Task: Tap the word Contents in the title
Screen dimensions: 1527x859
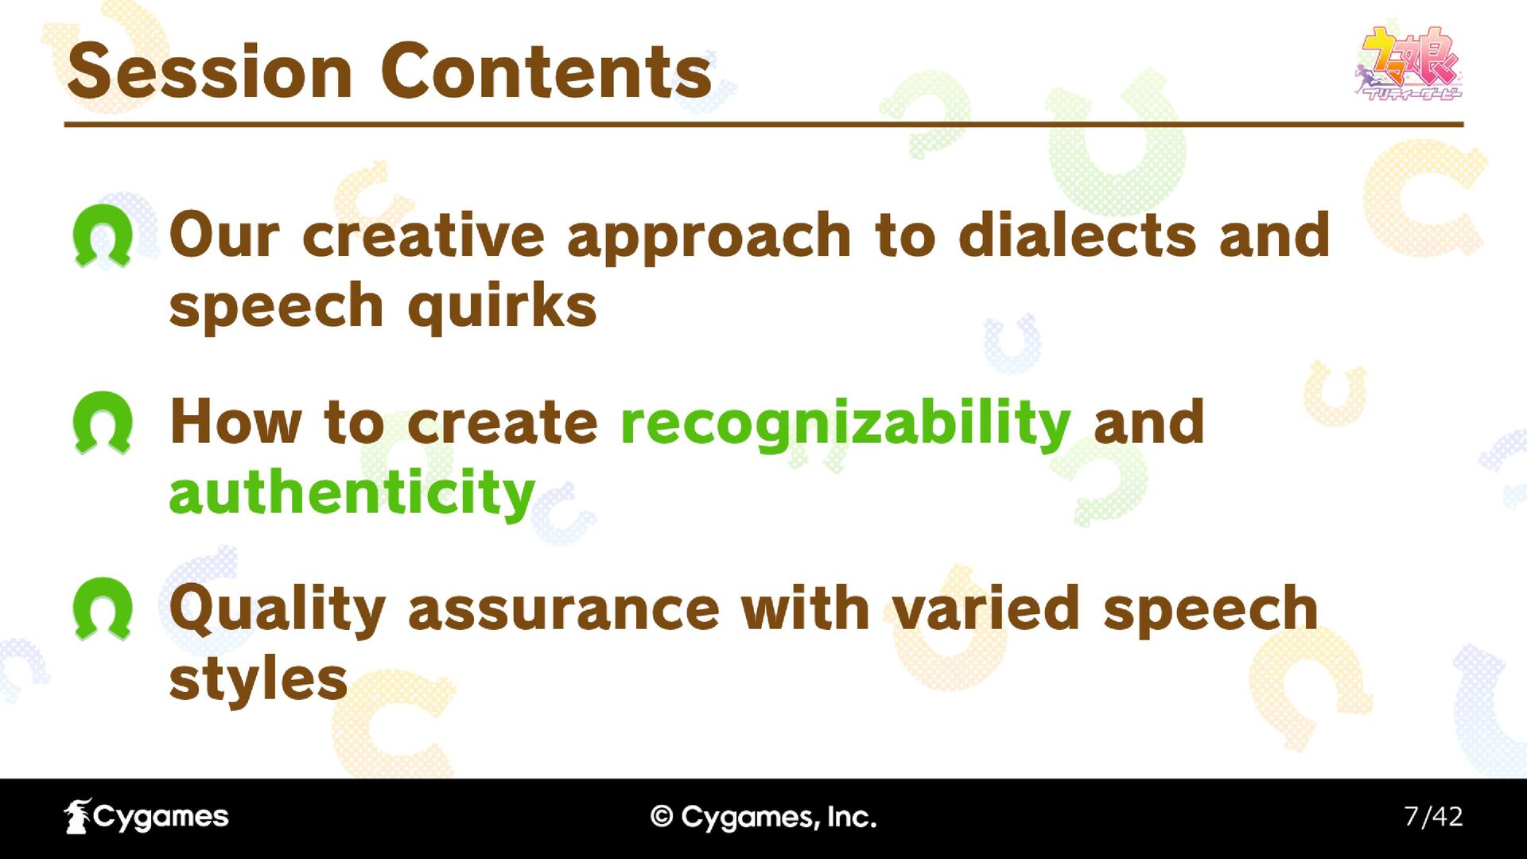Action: pos(546,72)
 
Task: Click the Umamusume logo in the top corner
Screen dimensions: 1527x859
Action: pos(1408,63)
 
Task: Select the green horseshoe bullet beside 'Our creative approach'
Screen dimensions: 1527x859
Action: pos(103,235)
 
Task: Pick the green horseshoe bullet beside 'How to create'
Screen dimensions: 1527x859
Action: pos(103,422)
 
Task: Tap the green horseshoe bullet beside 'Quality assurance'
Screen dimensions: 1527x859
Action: pos(103,608)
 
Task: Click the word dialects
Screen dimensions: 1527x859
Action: pos(1078,235)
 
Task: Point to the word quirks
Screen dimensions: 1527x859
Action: pos(502,307)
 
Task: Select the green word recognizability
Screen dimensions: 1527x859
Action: pos(845,423)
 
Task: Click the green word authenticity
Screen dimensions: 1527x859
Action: pos(352,493)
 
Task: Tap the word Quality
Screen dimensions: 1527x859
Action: pos(278,610)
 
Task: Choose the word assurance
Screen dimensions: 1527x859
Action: pos(564,611)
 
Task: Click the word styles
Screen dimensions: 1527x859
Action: pos(258,680)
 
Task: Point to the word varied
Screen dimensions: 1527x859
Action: pos(985,609)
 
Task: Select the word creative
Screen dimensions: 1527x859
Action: pos(423,236)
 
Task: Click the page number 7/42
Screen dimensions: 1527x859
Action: pos(1433,817)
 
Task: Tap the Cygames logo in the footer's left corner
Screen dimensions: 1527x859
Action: pos(146,817)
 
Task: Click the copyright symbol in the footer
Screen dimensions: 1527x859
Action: pos(662,817)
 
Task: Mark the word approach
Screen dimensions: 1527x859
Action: pos(709,238)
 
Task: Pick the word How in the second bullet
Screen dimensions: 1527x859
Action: pos(235,422)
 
